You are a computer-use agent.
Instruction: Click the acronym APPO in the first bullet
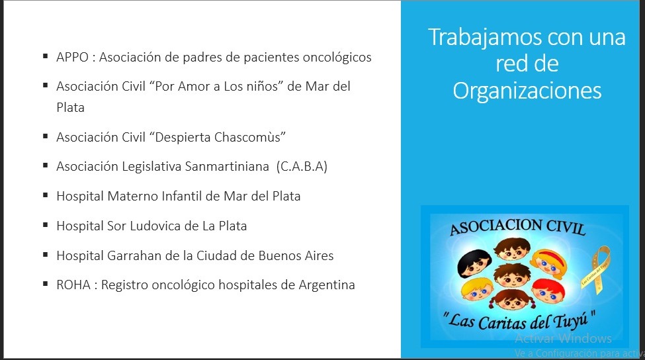72,57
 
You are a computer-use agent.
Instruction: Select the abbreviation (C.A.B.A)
302,166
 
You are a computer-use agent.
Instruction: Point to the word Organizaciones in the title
527,91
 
